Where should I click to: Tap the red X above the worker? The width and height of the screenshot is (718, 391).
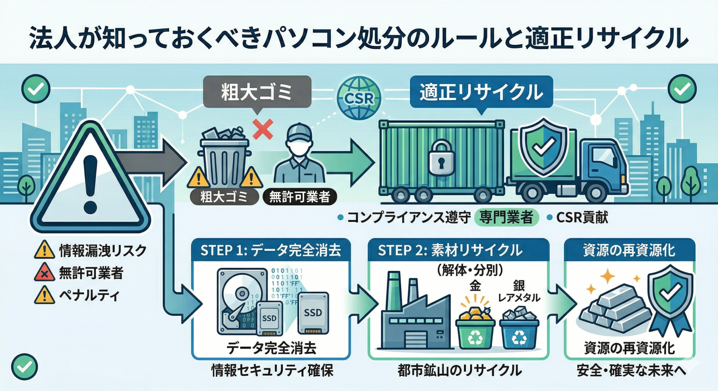click(263, 129)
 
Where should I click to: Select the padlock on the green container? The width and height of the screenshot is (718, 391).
click(442, 158)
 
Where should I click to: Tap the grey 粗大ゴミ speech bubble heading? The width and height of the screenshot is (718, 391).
click(257, 92)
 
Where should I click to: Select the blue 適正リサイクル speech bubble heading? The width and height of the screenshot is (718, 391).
click(481, 92)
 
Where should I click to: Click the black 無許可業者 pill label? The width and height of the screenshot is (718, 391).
click(300, 197)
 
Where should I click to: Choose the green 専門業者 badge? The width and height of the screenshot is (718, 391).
click(506, 218)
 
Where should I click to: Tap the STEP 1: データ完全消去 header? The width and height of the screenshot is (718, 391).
click(271, 250)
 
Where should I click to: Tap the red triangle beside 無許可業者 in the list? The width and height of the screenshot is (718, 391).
click(44, 273)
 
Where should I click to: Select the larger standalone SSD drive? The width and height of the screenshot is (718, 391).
click(313, 313)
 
